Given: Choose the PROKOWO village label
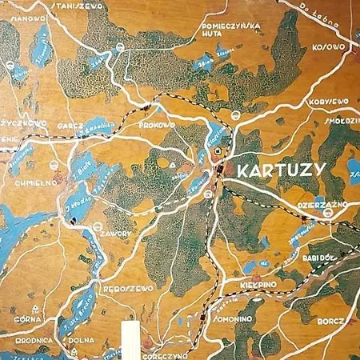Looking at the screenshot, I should [x=157, y=125].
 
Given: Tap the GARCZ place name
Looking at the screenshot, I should [x=66, y=125].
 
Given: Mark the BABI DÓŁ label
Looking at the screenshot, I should [x=323, y=258].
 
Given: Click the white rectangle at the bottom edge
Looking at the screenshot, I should [x=129, y=339].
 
